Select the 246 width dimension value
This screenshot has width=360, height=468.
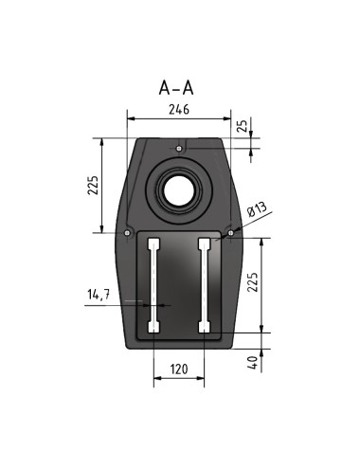179,109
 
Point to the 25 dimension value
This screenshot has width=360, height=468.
243,126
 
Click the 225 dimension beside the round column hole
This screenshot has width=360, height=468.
93,185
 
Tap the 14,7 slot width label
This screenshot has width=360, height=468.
99,296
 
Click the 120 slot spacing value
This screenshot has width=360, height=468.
179,369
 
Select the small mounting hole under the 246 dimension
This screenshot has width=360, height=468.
179,149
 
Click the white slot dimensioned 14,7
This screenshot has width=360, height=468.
153,284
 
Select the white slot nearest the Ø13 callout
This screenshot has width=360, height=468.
203,284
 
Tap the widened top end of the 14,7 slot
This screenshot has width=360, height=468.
153,243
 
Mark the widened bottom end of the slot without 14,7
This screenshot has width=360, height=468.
203,327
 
